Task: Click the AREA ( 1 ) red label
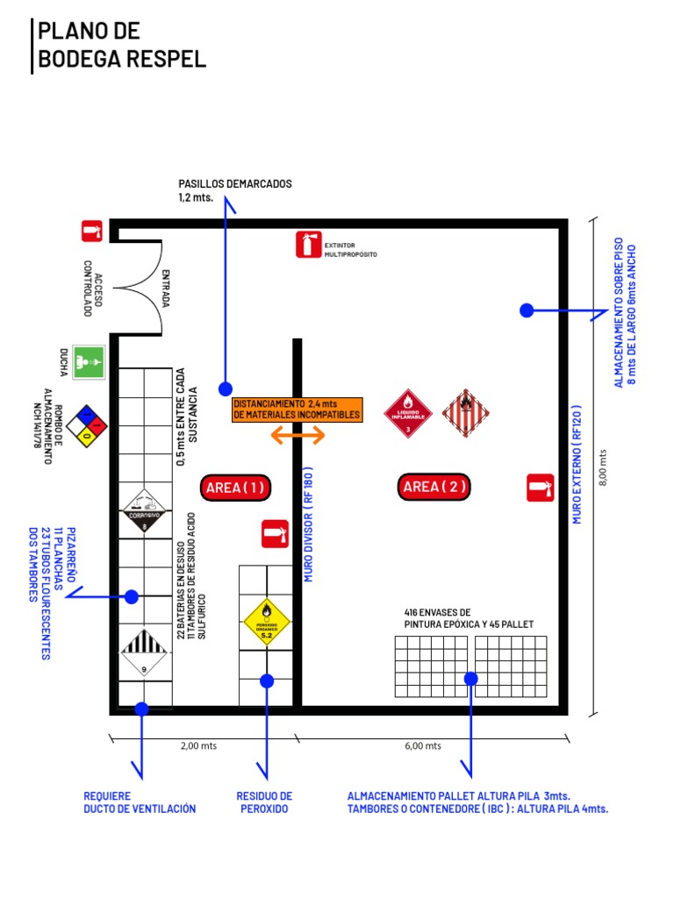pyautogui.click(x=234, y=487)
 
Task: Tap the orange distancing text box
pyautogui.click(x=297, y=409)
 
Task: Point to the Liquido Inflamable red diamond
pyautogui.click(x=408, y=413)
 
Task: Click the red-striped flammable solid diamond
pyautogui.click(x=466, y=413)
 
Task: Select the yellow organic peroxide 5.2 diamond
pyautogui.click(x=267, y=622)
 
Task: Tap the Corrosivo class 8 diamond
pyautogui.click(x=145, y=512)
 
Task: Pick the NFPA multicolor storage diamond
pyautogui.click(x=88, y=426)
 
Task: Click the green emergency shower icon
pyautogui.click(x=90, y=360)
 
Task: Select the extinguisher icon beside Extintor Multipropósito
pyautogui.click(x=307, y=244)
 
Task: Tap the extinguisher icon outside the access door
pyautogui.click(x=92, y=231)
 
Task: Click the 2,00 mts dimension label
pyautogui.click(x=198, y=746)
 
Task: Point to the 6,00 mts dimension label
pyautogui.click(x=423, y=746)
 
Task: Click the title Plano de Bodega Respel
pyautogui.click(x=121, y=45)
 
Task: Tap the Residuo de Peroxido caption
pyautogui.click(x=264, y=802)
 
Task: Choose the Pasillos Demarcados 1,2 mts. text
pyautogui.click(x=235, y=190)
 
